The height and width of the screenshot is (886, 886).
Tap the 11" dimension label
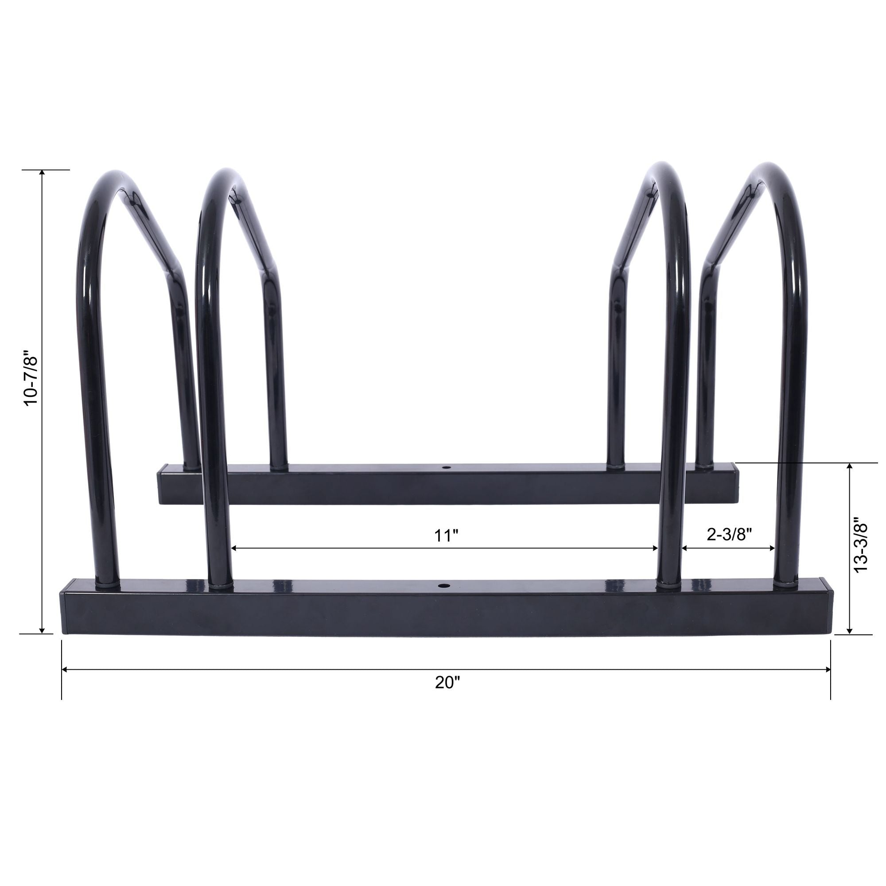pos(447,535)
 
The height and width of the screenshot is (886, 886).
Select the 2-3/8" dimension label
pos(729,534)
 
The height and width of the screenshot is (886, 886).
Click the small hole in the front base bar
pos(443,586)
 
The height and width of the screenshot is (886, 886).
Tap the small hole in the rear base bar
pos(445,468)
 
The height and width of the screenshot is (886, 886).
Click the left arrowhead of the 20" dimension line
pos(65,669)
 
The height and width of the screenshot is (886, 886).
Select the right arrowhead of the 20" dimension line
pos(827,669)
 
